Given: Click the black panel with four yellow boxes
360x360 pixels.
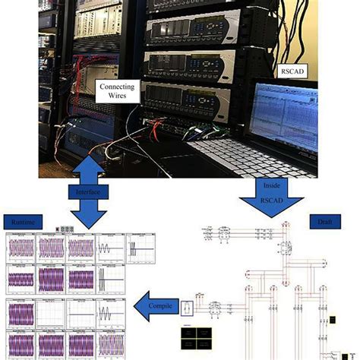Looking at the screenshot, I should click(194, 335).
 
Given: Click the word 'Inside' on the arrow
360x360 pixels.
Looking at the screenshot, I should click(271, 185).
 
